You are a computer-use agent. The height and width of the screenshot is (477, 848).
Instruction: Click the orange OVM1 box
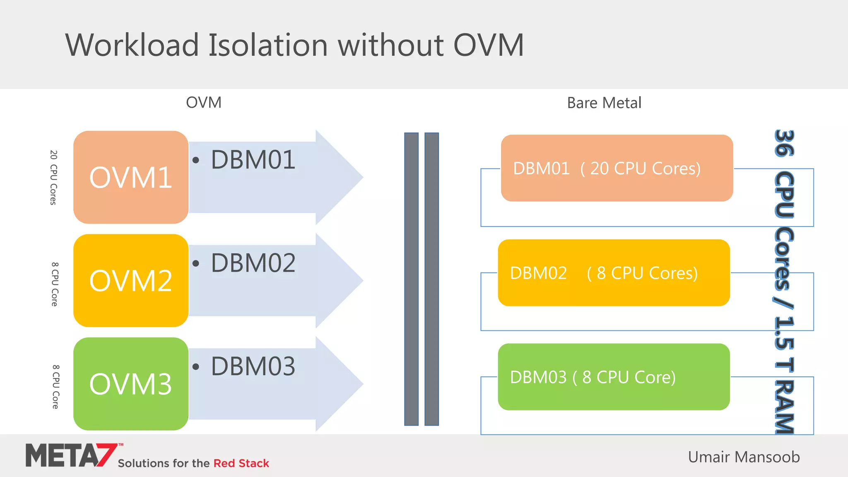(131, 177)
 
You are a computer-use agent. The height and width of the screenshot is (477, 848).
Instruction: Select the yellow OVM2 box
(131, 281)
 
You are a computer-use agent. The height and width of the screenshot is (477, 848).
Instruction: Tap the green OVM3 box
(131, 384)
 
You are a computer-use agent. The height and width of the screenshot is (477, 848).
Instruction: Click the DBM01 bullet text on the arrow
(253, 160)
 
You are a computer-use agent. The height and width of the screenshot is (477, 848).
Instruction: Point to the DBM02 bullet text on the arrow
(253, 263)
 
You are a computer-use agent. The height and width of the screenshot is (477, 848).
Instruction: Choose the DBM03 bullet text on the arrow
(253, 366)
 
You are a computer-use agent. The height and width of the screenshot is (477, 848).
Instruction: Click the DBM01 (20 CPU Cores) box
(617, 168)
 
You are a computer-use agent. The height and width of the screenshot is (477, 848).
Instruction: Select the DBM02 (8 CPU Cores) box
(613, 273)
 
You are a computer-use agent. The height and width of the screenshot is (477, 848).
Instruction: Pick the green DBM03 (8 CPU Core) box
(613, 377)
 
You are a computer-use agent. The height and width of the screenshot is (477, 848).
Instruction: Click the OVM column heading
(204, 102)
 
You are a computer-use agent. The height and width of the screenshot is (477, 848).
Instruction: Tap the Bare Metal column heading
(604, 103)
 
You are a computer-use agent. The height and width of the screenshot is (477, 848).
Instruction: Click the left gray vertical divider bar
(411, 279)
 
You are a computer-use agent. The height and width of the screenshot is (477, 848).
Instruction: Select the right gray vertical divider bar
(431, 279)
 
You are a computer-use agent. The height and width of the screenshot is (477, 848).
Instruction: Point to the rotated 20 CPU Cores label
(53, 178)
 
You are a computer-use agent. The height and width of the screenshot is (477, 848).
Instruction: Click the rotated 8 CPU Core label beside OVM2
(55, 284)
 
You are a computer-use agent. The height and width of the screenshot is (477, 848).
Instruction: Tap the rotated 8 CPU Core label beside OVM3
(55, 387)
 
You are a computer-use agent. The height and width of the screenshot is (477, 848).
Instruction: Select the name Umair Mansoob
(744, 457)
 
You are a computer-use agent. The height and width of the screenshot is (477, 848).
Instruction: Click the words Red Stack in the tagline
(241, 463)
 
